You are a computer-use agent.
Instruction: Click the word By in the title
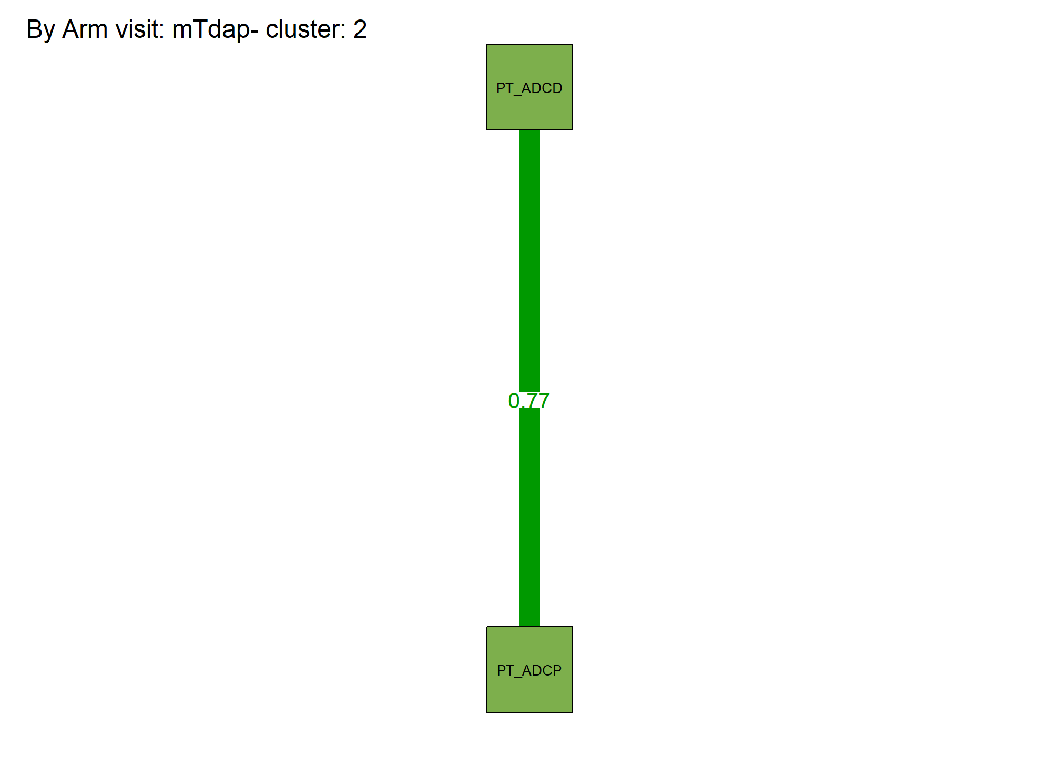click(41, 30)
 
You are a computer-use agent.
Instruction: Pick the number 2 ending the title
click(360, 29)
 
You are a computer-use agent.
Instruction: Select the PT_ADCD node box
click(529, 87)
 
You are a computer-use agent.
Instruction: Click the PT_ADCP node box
click(529, 670)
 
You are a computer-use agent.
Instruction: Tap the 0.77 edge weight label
click(529, 401)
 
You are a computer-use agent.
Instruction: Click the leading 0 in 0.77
click(514, 401)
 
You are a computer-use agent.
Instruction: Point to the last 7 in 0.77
click(544, 401)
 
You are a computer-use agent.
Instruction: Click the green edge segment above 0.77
click(529, 261)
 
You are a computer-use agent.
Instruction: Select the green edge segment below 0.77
click(529, 518)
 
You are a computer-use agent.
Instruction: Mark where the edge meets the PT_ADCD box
click(529, 130)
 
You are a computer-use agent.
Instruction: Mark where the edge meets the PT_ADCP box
click(529, 627)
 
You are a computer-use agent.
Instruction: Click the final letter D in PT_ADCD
click(557, 88)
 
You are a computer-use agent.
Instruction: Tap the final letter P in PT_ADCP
click(557, 670)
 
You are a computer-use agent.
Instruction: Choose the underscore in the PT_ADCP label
click(518, 677)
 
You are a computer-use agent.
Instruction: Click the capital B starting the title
click(34, 29)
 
